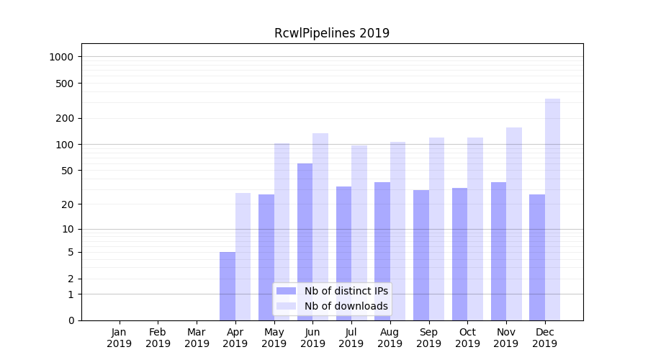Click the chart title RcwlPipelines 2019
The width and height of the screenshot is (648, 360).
[x=332, y=33]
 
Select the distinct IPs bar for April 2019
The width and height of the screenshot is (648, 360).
[x=228, y=286]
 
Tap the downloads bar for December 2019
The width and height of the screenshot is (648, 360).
[x=552, y=209]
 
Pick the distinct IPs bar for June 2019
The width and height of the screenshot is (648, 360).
[x=305, y=241]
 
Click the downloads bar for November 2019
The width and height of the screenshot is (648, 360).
[x=514, y=223]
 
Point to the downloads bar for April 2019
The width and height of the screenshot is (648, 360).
[x=243, y=256]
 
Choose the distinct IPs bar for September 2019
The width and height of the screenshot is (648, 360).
[x=421, y=255]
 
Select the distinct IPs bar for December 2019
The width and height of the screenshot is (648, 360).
[x=537, y=257]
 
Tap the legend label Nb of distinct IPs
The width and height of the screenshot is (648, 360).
[x=346, y=291]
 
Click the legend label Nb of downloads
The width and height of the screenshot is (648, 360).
[x=346, y=306]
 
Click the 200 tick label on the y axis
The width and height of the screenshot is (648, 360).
[x=66, y=118]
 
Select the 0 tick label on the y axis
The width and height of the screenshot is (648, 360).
[x=71, y=320]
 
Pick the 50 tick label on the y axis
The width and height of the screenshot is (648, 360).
[x=68, y=171]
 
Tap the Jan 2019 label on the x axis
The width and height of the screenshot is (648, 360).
[x=120, y=338]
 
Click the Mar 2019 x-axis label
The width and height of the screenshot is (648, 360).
[x=197, y=338]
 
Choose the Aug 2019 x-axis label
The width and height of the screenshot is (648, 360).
[x=390, y=338]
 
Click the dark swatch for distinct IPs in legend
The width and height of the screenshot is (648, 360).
[x=287, y=291]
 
